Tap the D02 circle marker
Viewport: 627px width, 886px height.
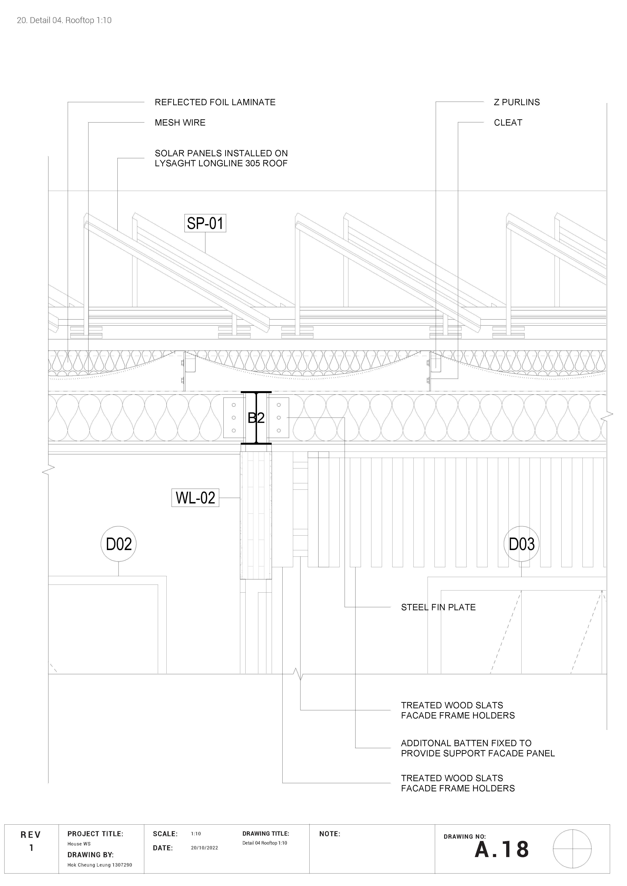point(119,544)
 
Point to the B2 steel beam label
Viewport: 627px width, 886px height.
point(256,418)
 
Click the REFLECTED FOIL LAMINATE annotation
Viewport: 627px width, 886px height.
point(215,102)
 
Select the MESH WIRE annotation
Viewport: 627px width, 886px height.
point(180,123)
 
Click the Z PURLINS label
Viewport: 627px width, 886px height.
point(517,102)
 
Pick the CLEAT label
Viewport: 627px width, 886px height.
point(508,123)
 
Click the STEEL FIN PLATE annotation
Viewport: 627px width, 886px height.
point(438,607)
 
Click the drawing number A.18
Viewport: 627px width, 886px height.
point(502,849)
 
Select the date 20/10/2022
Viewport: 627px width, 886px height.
point(204,848)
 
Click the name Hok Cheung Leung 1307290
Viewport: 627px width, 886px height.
point(100,865)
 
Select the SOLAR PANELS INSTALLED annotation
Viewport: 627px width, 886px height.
point(221,158)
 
